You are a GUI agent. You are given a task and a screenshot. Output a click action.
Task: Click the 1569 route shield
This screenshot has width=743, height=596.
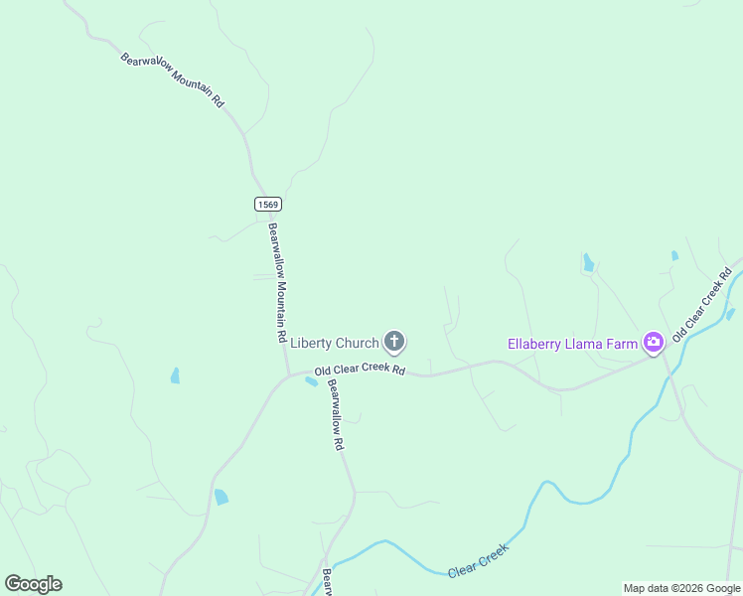click(267, 204)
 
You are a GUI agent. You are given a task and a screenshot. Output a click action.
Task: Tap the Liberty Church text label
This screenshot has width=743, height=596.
click(335, 344)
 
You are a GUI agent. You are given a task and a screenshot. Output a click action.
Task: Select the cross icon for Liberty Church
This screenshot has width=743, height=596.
click(394, 344)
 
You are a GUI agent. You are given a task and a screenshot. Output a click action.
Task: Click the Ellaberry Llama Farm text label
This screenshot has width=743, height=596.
click(571, 345)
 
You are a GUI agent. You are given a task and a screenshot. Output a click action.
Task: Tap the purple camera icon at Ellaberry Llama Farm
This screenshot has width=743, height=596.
click(653, 344)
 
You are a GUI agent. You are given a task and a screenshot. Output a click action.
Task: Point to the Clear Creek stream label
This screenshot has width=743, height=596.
click(478, 561)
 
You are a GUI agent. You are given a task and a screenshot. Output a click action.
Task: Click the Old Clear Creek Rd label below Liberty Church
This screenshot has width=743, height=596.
click(360, 371)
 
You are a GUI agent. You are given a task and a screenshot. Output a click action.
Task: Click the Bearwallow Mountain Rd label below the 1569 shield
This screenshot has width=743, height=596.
click(278, 282)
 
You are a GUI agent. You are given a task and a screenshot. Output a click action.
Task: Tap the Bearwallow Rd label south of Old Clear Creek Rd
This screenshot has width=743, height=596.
click(336, 415)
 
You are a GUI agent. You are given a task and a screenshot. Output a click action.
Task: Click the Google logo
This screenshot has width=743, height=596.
click(33, 584)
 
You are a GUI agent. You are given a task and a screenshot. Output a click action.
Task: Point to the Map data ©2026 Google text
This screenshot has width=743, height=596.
click(681, 588)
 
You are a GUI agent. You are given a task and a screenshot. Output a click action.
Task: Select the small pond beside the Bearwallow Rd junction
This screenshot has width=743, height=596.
click(311, 382)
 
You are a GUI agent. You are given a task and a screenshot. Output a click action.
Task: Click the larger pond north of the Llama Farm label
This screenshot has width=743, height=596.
click(588, 262)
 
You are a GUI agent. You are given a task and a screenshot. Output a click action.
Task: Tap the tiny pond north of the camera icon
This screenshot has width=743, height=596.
click(674, 255)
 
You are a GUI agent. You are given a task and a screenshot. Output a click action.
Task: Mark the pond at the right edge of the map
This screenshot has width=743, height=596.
click(731, 314)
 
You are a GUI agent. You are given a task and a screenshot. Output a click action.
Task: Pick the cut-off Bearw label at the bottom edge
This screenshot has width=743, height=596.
click(327, 582)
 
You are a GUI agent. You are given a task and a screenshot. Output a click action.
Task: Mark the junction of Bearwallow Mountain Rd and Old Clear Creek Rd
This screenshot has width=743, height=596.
click(288, 375)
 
